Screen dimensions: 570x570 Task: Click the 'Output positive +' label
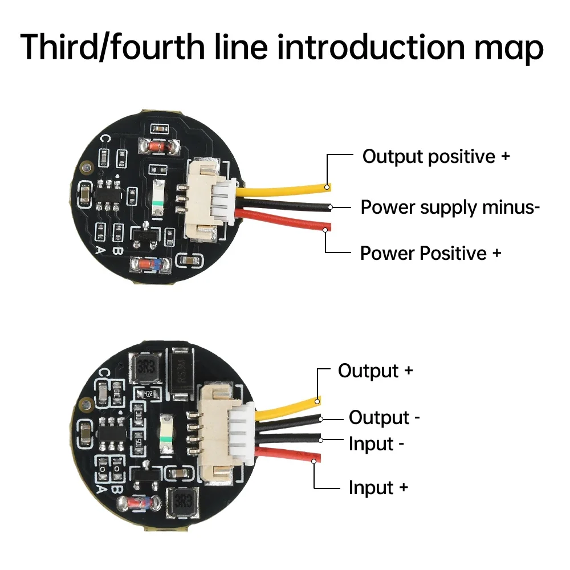(x=436, y=156)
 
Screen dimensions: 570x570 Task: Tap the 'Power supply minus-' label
(x=450, y=207)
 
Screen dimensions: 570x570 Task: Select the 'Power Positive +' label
(x=430, y=253)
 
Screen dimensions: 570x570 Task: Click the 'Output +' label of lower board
(x=375, y=370)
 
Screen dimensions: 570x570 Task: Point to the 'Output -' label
(x=384, y=418)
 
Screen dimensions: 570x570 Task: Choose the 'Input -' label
(x=376, y=444)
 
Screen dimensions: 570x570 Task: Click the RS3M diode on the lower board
(x=182, y=370)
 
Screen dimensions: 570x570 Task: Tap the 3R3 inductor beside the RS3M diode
(x=146, y=369)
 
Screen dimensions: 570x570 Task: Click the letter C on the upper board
(x=105, y=139)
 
